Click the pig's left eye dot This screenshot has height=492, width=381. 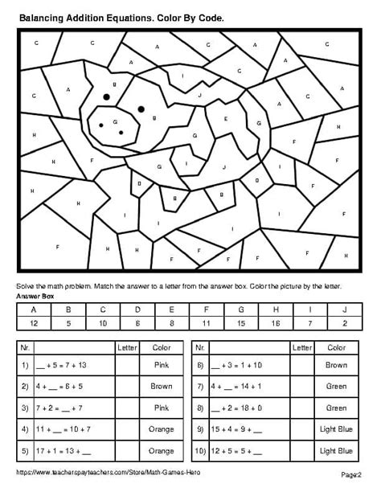point(105,96)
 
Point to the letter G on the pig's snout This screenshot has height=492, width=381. point(117,121)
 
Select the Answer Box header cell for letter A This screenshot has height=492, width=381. point(34,309)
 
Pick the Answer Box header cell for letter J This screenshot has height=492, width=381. point(345,309)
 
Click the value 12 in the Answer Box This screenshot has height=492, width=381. point(34,322)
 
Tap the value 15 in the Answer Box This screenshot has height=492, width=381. point(241,322)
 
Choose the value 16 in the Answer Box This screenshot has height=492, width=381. point(276,322)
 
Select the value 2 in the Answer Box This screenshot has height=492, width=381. point(345,322)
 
